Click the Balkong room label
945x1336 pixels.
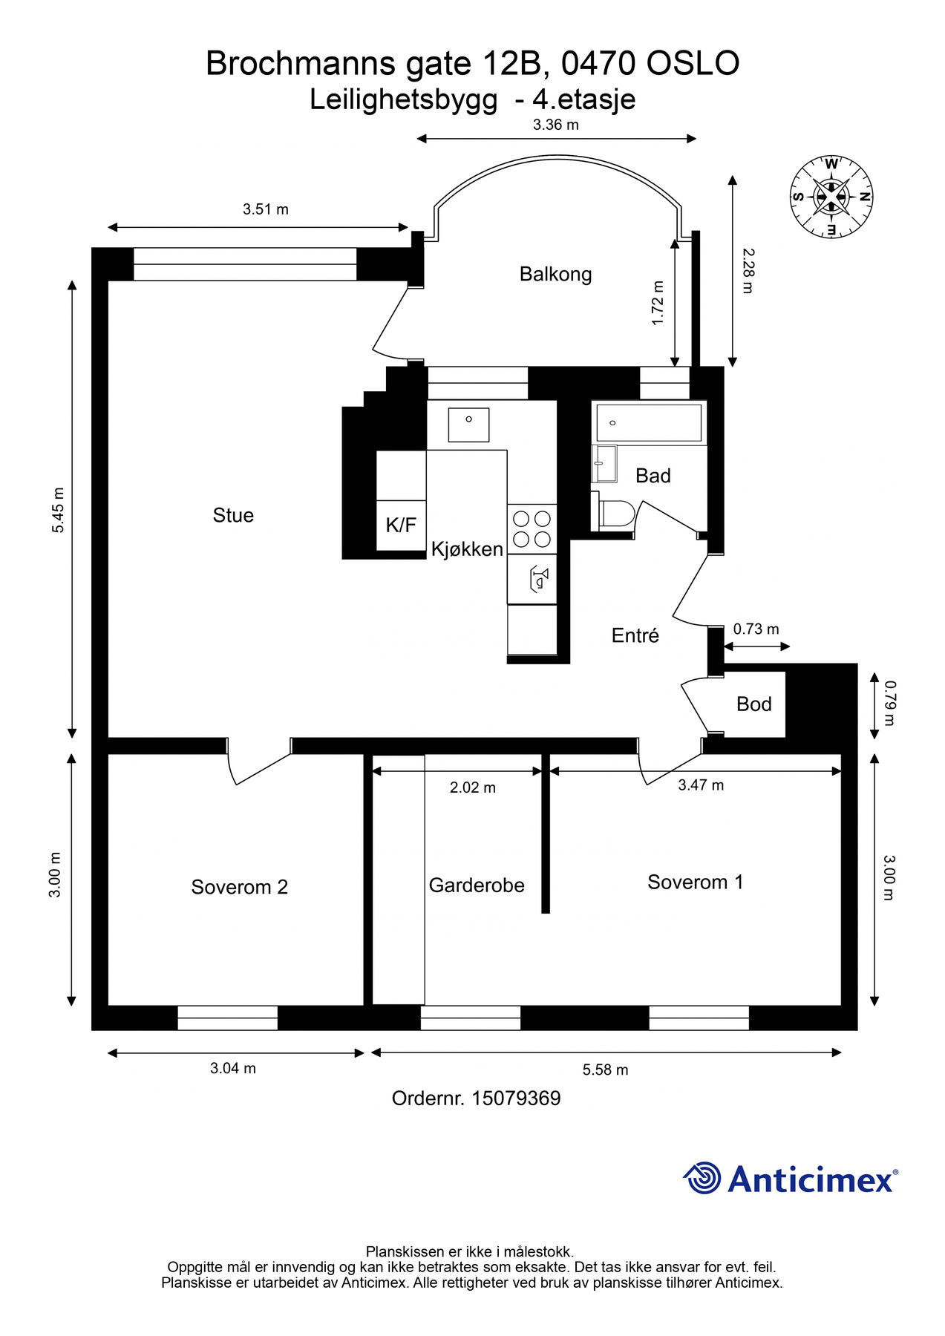(555, 275)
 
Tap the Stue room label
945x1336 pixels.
(233, 515)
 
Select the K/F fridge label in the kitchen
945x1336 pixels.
(401, 525)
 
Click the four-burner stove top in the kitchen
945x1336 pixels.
(532, 528)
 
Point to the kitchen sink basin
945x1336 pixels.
(468, 425)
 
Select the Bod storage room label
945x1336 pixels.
(754, 704)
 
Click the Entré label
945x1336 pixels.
(635, 635)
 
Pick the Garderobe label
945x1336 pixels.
(477, 885)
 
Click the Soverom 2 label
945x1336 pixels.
(239, 887)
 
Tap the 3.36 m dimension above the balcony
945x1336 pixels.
(556, 125)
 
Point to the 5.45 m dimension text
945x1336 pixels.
(58, 510)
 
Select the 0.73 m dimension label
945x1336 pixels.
(756, 629)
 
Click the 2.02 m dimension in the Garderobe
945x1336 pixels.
(473, 787)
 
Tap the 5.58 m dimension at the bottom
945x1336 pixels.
(605, 1070)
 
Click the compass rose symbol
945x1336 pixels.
(831, 197)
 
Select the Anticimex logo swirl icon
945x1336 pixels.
(702, 1178)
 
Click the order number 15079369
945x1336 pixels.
(516, 1098)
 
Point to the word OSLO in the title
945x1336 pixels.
(693, 64)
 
